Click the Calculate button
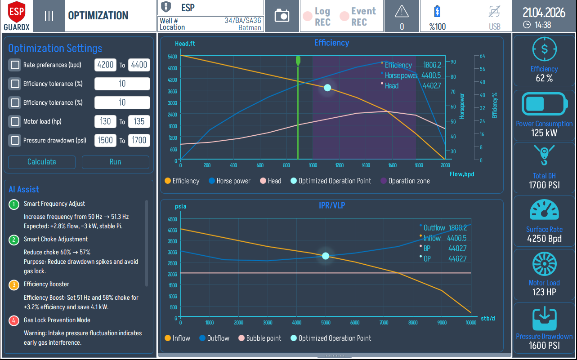(42, 162)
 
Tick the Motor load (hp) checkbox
(15, 121)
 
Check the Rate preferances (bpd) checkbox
(15, 65)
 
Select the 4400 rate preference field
(139, 65)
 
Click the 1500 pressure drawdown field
(106, 140)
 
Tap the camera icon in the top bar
(282, 16)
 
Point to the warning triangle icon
(402, 11)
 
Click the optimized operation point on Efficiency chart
(327, 88)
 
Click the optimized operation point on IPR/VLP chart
(326, 256)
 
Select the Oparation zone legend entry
(405, 181)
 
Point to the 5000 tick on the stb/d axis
(326, 322)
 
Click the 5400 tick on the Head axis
(172, 57)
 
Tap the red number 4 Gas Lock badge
(14, 320)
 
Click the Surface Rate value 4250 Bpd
(544, 239)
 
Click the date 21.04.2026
(543, 12)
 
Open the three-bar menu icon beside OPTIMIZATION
(49, 16)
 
